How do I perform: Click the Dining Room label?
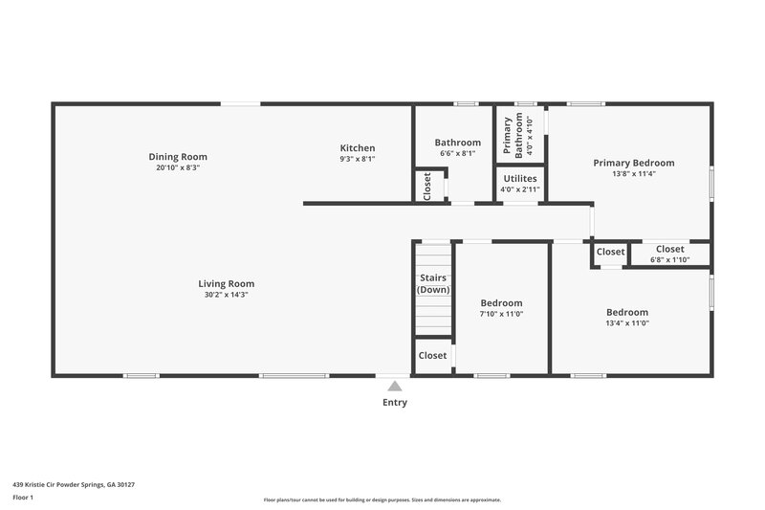tap(178, 157)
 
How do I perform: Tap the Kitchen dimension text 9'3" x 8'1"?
tap(358, 159)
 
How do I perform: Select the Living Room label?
tap(226, 283)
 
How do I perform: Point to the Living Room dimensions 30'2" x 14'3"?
tap(226, 295)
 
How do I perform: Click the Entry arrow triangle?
tap(394, 385)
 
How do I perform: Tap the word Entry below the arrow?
tap(395, 403)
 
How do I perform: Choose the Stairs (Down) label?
tap(433, 284)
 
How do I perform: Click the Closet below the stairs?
tap(432, 355)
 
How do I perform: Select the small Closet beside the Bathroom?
tap(426, 186)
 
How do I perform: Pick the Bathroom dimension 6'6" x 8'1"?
tap(457, 153)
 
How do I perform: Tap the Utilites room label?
tap(519, 178)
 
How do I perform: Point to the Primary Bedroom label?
tap(633, 163)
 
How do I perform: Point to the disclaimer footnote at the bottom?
tap(382, 499)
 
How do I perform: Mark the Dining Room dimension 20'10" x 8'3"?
tap(178, 167)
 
